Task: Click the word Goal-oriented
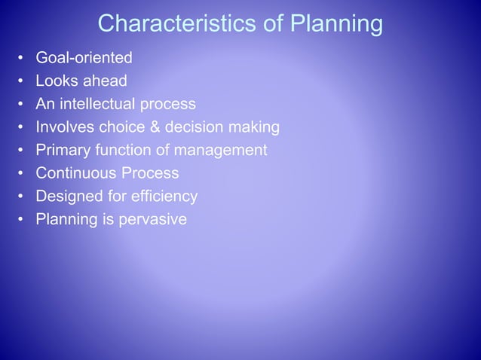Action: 84,58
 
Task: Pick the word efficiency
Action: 166,197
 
